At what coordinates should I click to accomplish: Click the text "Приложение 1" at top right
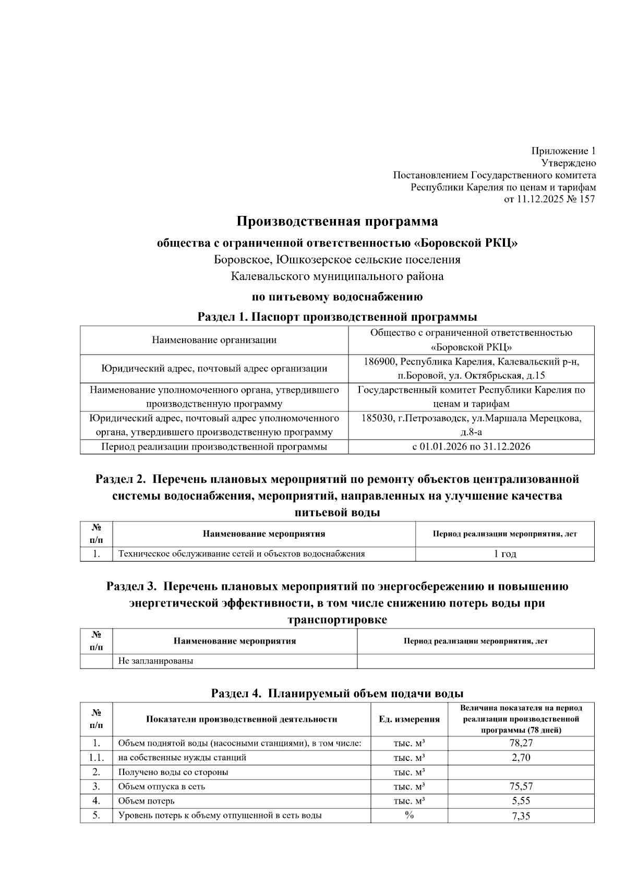(563, 151)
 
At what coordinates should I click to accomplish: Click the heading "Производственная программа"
(337, 222)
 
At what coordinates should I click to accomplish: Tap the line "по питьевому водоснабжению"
(337, 297)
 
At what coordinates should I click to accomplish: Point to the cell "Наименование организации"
(214, 340)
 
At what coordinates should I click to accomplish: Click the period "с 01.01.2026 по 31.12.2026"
(471, 447)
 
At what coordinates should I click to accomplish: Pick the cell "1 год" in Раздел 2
(504, 554)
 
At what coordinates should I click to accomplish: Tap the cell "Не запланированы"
(155, 661)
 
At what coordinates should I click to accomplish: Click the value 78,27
(521, 743)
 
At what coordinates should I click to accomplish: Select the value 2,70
(521, 758)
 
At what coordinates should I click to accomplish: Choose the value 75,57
(521, 786)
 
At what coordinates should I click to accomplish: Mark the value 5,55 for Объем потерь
(521, 801)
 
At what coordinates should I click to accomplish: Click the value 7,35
(521, 816)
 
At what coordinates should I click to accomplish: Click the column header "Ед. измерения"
(409, 719)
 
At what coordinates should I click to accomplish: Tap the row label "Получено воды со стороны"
(173, 772)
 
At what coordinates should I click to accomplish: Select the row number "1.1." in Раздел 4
(96, 758)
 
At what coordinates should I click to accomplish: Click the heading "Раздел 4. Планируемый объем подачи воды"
(337, 694)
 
